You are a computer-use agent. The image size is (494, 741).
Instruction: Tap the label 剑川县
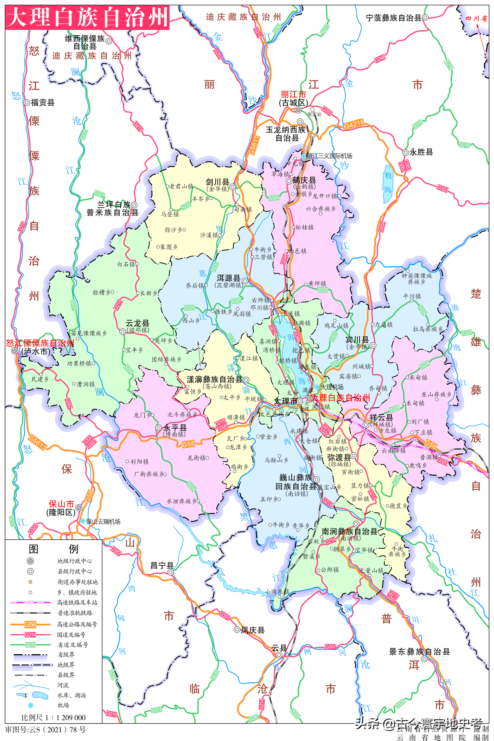point(217,182)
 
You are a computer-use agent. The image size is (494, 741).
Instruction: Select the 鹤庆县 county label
point(304,180)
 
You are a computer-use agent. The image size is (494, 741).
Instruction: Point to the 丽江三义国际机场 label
point(329,156)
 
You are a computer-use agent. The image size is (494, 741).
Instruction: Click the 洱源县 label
point(229,278)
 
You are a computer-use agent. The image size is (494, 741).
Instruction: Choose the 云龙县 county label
point(137,323)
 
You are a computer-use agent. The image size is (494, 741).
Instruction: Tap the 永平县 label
point(175,428)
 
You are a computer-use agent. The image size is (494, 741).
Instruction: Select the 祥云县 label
point(381,417)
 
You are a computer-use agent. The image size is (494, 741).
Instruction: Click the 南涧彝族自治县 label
point(349,531)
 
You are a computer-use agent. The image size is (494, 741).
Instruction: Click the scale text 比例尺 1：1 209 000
point(53,717)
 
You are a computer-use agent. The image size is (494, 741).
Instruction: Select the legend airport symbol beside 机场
point(30,705)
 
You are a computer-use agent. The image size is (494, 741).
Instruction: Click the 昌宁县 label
point(162,565)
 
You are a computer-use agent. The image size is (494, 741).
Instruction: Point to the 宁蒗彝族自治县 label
point(394,18)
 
